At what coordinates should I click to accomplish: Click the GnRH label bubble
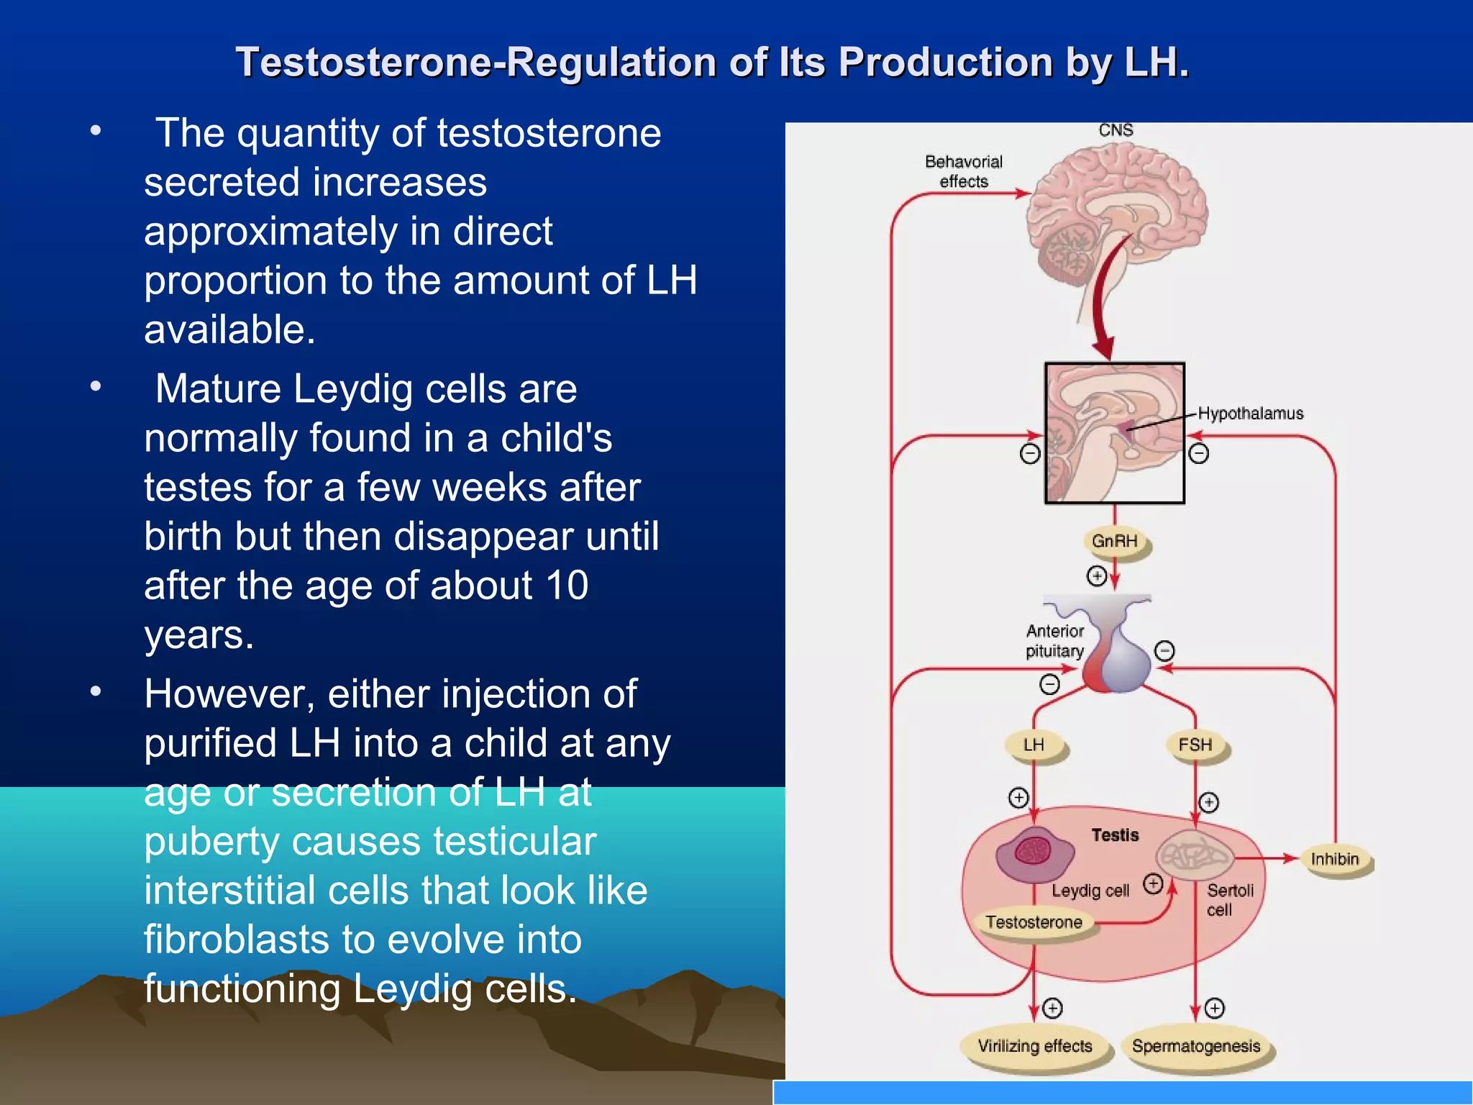[x=1114, y=541]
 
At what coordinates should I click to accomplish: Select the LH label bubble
[x=1034, y=745]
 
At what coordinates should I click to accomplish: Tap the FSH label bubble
[x=1195, y=745]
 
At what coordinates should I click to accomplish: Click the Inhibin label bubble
[x=1334, y=859]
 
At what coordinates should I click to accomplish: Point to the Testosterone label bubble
[x=1034, y=922]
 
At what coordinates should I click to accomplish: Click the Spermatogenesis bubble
[x=1195, y=1046]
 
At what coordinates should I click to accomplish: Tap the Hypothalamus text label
[x=1250, y=414]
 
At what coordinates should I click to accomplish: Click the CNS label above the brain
[x=1116, y=130]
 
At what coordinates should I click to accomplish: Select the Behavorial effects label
[x=963, y=171]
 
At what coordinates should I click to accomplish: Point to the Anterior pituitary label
[x=1054, y=641]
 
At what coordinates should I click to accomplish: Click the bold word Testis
[x=1115, y=835]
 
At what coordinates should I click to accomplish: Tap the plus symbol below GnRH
[x=1097, y=576]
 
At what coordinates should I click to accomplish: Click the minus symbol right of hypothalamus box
[x=1198, y=454]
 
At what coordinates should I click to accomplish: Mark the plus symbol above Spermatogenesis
[x=1214, y=1009]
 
